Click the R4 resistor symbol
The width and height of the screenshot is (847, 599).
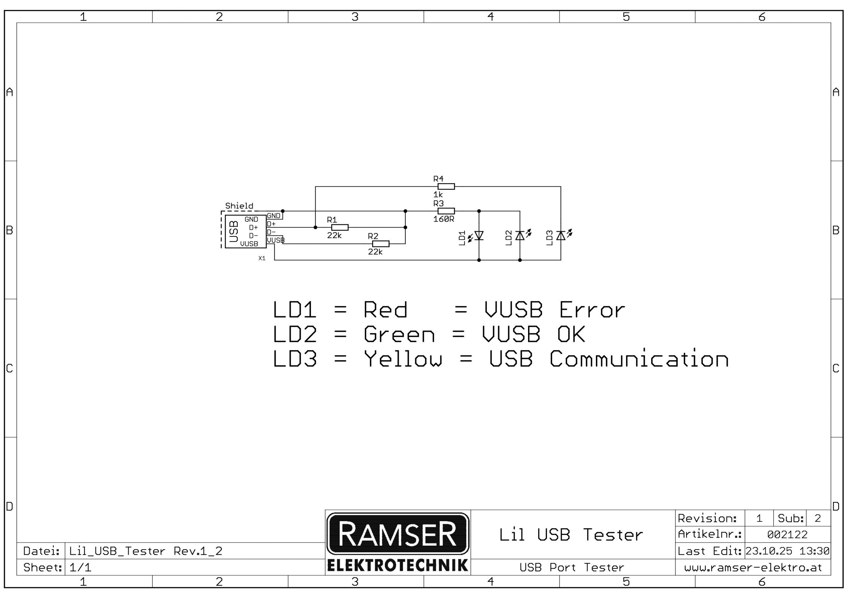pyautogui.click(x=446, y=186)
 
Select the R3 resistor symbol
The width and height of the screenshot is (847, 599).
pyautogui.click(x=446, y=211)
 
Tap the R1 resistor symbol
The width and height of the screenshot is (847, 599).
pyautogui.click(x=340, y=227)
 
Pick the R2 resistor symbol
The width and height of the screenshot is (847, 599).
pyautogui.click(x=381, y=244)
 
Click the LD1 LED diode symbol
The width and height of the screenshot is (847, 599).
pyautogui.click(x=479, y=236)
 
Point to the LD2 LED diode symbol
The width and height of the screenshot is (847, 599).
pyautogui.click(x=520, y=236)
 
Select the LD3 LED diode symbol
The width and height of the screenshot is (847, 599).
pyautogui.click(x=561, y=236)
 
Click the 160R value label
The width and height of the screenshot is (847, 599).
pyautogui.click(x=443, y=219)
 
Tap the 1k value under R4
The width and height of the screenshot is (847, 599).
pyautogui.click(x=438, y=195)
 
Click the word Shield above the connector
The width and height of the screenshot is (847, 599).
pyautogui.click(x=239, y=206)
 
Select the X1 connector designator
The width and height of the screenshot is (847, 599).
pyautogui.click(x=262, y=259)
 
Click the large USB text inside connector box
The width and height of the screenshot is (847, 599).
pyautogui.click(x=234, y=231)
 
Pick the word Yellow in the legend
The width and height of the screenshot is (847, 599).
pyautogui.click(x=403, y=359)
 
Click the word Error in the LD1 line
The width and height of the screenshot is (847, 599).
pyautogui.click(x=592, y=310)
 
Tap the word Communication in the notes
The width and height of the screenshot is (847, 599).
pyautogui.click(x=639, y=359)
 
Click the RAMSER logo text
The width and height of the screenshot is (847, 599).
pyautogui.click(x=397, y=534)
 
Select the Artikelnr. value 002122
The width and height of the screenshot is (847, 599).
pyautogui.click(x=787, y=534)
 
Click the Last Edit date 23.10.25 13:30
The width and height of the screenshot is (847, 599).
pyautogui.click(x=787, y=551)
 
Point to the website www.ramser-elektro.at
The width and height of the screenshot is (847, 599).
pyautogui.click(x=753, y=568)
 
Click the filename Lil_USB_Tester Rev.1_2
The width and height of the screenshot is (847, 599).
pyautogui.click(x=146, y=551)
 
